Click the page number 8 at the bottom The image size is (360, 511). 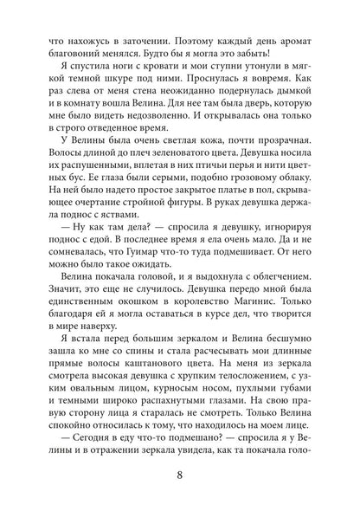[179, 475]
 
